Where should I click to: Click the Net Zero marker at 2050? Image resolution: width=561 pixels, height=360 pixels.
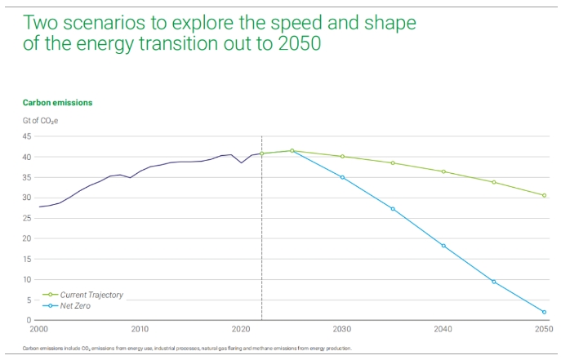pyautogui.click(x=544, y=312)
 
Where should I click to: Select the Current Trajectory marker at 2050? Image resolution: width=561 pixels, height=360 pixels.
pyautogui.click(x=544, y=195)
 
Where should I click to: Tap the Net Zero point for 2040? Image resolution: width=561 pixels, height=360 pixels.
pyautogui.click(x=443, y=246)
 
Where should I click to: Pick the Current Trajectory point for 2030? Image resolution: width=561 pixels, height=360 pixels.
pyautogui.click(x=342, y=156)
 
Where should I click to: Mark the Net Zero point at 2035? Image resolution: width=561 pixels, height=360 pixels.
pyautogui.click(x=393, y=209)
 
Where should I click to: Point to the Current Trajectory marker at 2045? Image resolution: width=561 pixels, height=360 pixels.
pyautogui.click(x=494, y=182)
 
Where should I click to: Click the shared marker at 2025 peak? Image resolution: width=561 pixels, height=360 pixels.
pyautogui.click(x=292, y=150)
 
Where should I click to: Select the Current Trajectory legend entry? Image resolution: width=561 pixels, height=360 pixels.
pyautogui.click(x=90, y=295)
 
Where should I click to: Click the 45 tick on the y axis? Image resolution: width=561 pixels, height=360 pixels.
pyautogui.click(x=27, y=136)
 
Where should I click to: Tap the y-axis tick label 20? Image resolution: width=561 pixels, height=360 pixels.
pyautogui.click(x=27, y=238)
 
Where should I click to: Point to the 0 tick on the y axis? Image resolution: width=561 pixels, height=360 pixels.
pyautogui.click(x=29, y=320)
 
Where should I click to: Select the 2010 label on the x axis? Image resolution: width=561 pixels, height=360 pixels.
pyautogui.click(x=140, y=330)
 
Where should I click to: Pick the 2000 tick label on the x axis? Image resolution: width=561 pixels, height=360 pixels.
pyautogui.click(x=38, y=330)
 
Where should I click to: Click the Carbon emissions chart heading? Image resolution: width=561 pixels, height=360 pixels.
pyautogui.click(x=57, y=103)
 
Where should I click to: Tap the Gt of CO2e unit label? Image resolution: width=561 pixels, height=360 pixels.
pyautogui.click(x=40, y=121)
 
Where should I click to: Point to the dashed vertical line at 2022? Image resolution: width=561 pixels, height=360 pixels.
pyautogui.click(x=261, y=229)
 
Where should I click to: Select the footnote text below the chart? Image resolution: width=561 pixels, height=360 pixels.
pyautogui.click(x=187, y=349)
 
